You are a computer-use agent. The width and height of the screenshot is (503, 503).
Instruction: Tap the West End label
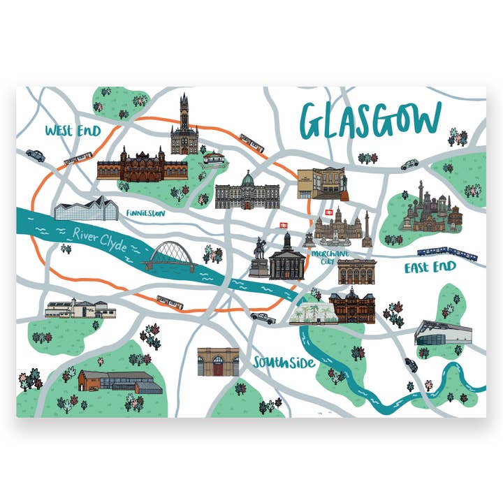(72, 131)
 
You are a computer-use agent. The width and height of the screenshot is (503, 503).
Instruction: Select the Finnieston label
(146, 213)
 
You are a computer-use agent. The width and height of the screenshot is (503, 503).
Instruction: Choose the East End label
(430, 267)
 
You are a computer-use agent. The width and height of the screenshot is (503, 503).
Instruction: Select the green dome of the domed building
(247, 179)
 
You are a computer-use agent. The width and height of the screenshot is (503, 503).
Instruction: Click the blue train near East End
(447, 252)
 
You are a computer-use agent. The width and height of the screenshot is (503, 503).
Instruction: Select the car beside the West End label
(35, 155)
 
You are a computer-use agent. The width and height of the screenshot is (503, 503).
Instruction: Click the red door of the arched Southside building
(219, 367)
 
